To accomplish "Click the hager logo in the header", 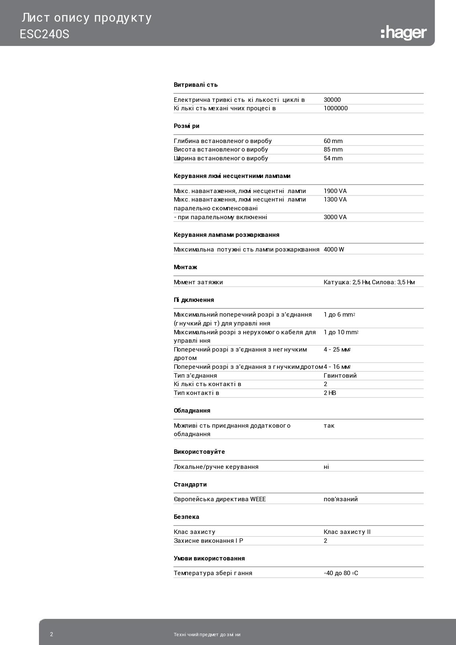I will coord(403,33).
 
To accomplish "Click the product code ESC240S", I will coord(44,34).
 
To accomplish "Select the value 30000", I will coord(332,100).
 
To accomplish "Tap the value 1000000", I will coord(335,108).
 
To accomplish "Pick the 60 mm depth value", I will coord(333,141).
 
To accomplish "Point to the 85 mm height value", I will coord(333,149).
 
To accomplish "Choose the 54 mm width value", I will coord(333,158).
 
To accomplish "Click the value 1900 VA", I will coord(335,191).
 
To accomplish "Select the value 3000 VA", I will coord(335,217).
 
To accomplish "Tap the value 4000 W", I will coord(334,249).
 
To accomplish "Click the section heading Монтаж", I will coord(185,267).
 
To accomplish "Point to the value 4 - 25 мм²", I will coord(337,349).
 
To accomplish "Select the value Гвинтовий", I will coord(340,375).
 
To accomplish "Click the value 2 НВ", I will coord(330,393).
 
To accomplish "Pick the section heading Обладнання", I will coord(192,410).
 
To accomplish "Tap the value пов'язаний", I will coord(341,499).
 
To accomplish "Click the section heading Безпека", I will coord(186,517).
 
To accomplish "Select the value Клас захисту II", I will coord(347,532).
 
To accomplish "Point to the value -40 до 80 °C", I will coord(341,573).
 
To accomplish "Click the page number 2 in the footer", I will coord(51,634).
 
